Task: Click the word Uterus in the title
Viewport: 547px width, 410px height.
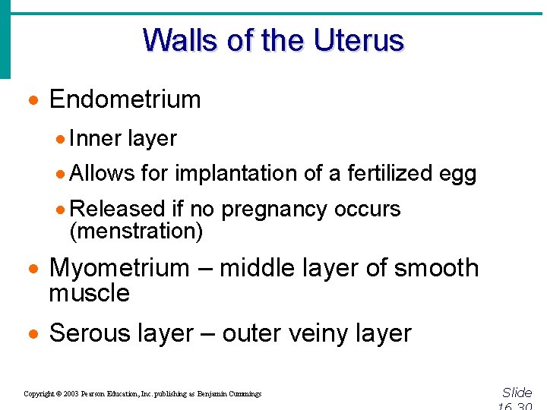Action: [x=359, y=40]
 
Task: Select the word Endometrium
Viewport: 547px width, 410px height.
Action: [x=125, y=99]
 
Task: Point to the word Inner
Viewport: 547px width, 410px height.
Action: [x=95, y=138]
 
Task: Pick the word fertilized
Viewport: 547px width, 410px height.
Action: [x=390, y=174]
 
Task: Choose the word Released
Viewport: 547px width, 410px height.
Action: [x=117, y=209]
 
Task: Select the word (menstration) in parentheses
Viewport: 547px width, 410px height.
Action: [x=136, y=231]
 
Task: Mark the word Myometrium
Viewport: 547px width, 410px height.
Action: [x=119, y=269]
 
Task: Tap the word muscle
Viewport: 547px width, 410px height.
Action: [x=89, y=293]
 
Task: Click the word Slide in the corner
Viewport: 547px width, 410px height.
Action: [x=517, y=393]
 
